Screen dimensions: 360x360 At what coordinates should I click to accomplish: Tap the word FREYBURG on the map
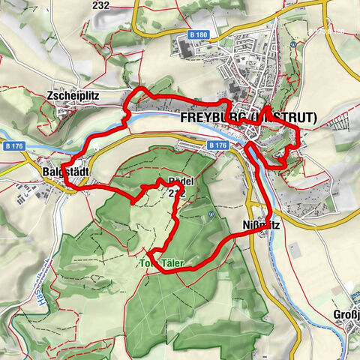(214, 118)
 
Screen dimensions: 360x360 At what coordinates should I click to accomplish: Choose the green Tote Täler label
(162, 264)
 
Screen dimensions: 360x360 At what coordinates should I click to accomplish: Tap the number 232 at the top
(122, 5)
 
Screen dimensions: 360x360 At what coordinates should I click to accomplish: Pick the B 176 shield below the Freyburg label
(217, 145)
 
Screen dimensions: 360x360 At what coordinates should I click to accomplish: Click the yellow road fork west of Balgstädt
(26, 159)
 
